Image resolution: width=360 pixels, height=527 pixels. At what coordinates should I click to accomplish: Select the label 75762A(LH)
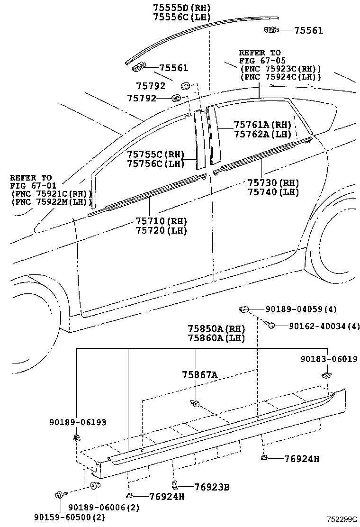tap(262, 134)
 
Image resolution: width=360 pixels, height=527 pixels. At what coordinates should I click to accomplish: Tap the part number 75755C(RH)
tap(155, 154)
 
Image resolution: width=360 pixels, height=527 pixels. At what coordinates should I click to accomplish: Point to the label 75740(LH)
tap(273, 192)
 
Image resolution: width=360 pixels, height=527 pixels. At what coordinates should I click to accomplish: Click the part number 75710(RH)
tap(161, 221)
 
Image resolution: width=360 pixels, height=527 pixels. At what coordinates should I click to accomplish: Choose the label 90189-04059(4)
tap(301, 309)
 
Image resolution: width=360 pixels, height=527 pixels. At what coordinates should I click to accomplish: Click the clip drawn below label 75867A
tap(194, 403)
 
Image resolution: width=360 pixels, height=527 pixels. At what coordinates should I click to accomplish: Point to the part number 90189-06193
tap(78, 422)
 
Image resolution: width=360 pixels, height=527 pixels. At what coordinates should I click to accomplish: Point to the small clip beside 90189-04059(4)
tap(243, 310)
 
